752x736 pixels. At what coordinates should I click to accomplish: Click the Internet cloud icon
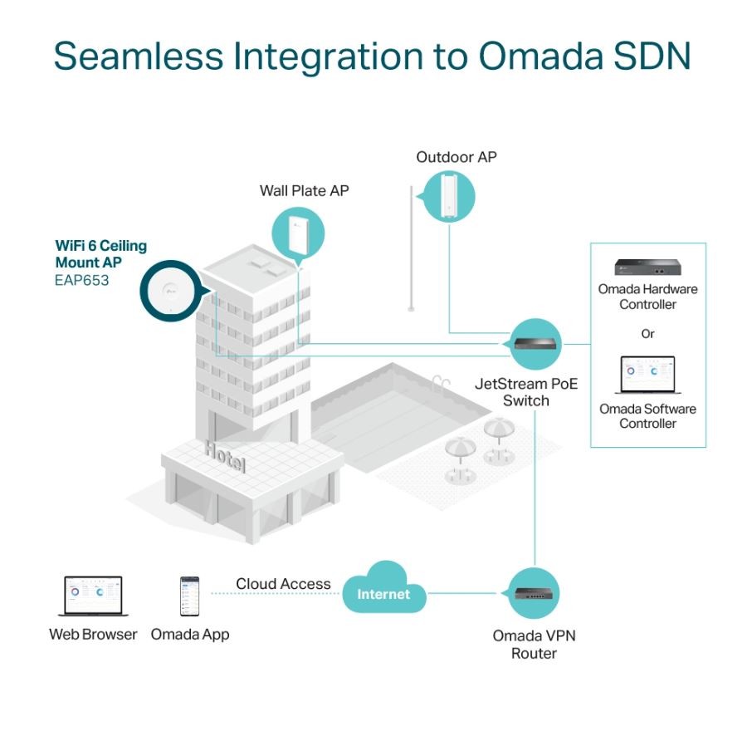383,592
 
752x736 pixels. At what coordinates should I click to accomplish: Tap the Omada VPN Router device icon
532,593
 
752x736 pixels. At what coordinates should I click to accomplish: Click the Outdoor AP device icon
449,196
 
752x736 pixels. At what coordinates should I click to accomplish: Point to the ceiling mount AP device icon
171,290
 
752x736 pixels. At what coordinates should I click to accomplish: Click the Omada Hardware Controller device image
647,267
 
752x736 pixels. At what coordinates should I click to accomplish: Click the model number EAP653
81,280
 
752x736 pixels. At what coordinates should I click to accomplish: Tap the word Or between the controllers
647,334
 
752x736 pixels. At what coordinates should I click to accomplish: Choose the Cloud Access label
283,584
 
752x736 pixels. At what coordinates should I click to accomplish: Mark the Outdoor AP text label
457,157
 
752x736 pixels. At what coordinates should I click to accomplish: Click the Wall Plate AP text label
304,191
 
